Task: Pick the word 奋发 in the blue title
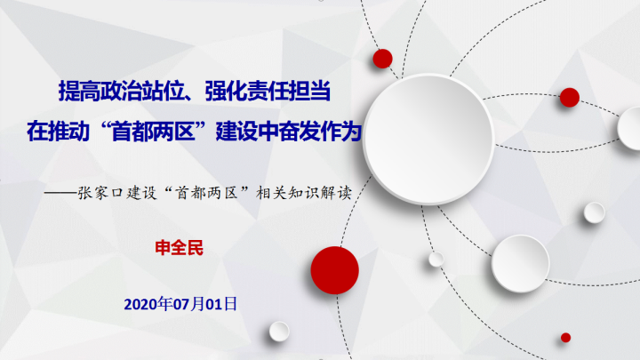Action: click(300, 132)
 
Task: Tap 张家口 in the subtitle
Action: click(100, 193)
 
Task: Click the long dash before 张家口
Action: click(60, 193)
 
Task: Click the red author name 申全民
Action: click(180, 248)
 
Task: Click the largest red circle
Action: click(335, 270)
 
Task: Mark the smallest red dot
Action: click(565, 338)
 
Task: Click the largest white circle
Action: click(428, 139)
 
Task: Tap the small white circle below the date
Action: click(279, 331)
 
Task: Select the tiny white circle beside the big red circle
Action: click(436, 260)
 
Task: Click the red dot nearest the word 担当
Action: click(382, 59)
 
